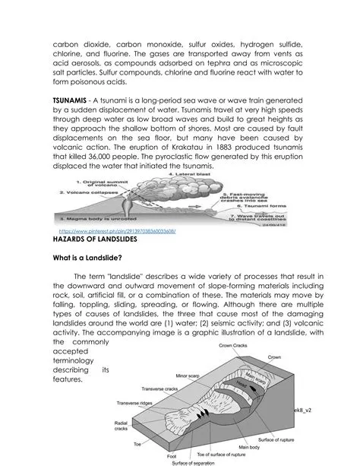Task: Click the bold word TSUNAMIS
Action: pyautogui.click(x=74, y=100)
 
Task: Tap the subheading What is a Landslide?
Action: pyautogui.click(x=88, y=258)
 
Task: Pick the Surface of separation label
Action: pyautogui.click(x=192, y=463)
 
